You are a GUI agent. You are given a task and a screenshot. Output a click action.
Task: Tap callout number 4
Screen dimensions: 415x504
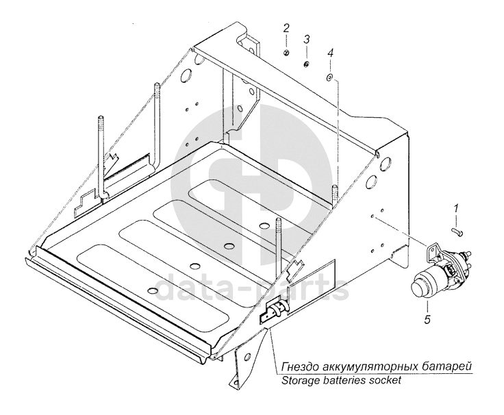(330, 52)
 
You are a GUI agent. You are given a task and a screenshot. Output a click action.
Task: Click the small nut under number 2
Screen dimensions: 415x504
(288, 53)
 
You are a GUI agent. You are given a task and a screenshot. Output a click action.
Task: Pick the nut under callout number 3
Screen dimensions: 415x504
(307, 64)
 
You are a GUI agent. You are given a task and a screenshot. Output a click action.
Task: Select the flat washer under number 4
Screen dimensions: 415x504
(330, 78)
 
